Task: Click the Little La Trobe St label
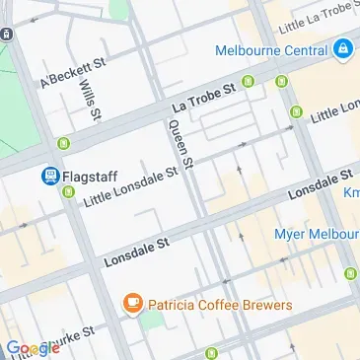[x=313, y=14]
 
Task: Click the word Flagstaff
[x=92, y=177]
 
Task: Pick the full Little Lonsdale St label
[x=131, y=185]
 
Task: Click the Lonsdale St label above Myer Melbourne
[x=320, y=185]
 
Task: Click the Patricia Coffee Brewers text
[x=220, y=305]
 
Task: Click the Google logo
[x=33, y=348]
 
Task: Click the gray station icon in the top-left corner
[x=7, y=34]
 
